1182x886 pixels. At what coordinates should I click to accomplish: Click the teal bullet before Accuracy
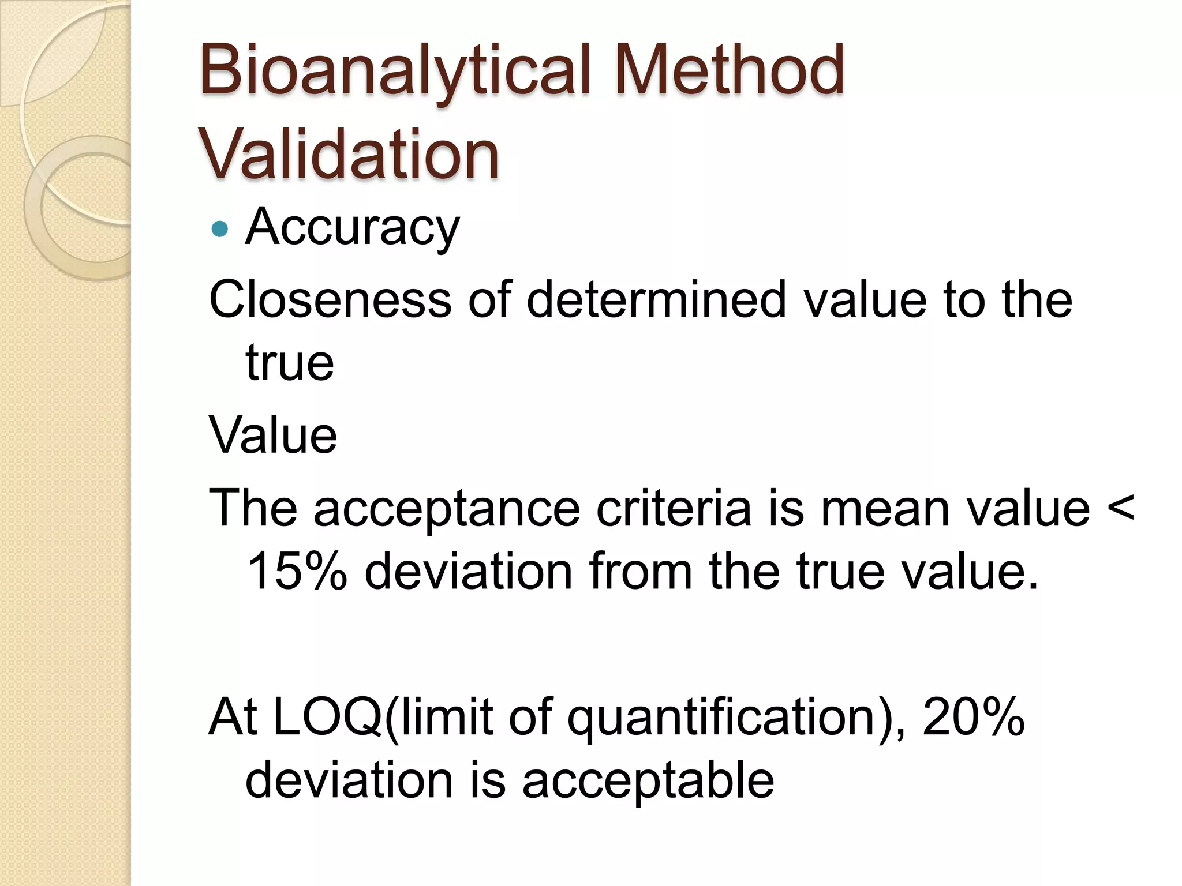[x=220, y=230]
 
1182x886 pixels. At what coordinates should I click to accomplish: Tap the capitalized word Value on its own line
[x=273, y=435]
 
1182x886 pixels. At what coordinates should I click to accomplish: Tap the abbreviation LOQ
[x=326, y=718]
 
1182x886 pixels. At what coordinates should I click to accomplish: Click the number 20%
[x=974, y=718]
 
